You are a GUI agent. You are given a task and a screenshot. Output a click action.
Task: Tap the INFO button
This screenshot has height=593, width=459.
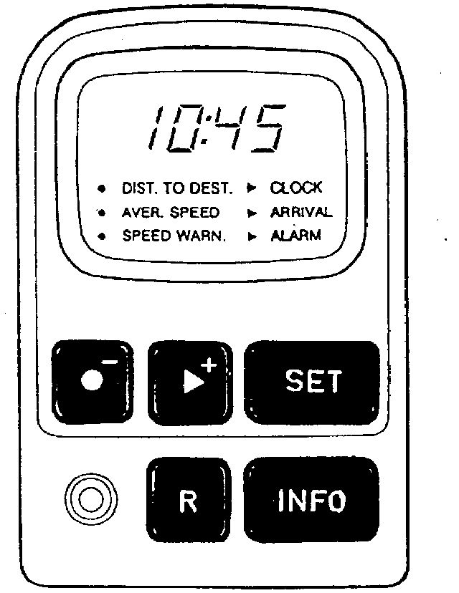pos(312,500)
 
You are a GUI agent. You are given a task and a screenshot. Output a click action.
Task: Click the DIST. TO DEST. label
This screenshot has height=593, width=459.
pos(177,189)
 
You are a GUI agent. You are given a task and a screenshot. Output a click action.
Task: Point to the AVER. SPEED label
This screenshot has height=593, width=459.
pos(171,213)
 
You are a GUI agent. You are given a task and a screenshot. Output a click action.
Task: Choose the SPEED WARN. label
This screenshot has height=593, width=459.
pos(174,236)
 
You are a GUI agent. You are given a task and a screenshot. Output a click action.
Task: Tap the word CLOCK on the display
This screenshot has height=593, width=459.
pos(296,188)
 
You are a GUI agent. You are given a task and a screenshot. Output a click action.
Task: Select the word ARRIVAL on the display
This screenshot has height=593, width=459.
pos(301,212)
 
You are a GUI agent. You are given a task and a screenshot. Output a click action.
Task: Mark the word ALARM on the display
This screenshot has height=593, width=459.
pos(296,236)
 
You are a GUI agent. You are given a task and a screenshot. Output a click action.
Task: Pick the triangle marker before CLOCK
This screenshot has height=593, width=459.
pos(252,189)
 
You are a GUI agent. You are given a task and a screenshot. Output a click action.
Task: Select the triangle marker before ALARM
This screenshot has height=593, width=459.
pos(252,236)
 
